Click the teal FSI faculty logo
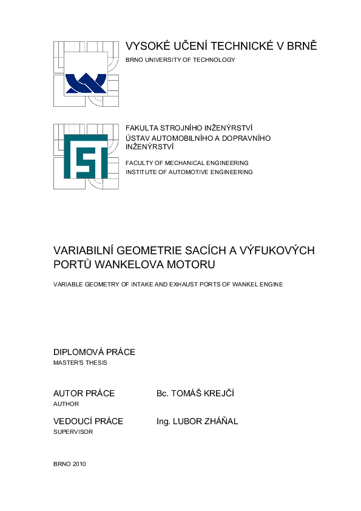tap(86, 156)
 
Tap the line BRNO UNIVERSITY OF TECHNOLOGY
tap(180, 59)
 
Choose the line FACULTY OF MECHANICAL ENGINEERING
tap(187, 163)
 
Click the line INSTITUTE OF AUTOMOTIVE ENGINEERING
tap(189, 172)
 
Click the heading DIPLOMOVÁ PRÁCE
tap(94, 352)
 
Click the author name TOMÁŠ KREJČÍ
tap(203, 393)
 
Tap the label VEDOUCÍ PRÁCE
tap(88, 421)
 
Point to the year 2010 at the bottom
tap(79, 464)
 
